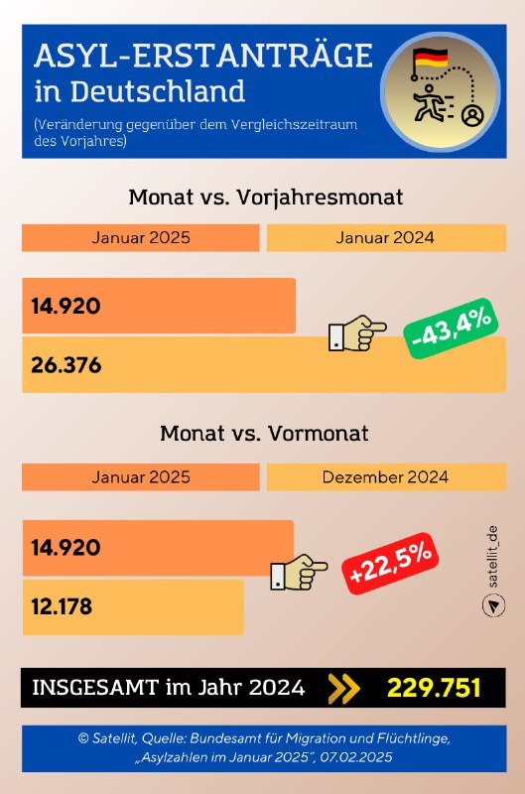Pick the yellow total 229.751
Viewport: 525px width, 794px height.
[x=434, y=688]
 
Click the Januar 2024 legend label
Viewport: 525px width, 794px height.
[x=385, y=238]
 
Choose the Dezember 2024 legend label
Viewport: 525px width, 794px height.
[x=385, y=476]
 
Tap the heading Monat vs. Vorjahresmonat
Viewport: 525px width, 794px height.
[x=265, y=197]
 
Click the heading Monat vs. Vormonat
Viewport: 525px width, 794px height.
[x=264, y=434]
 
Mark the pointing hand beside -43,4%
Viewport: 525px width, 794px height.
[x=357, y=333]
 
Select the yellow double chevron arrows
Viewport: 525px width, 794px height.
[x=343, y=688]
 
